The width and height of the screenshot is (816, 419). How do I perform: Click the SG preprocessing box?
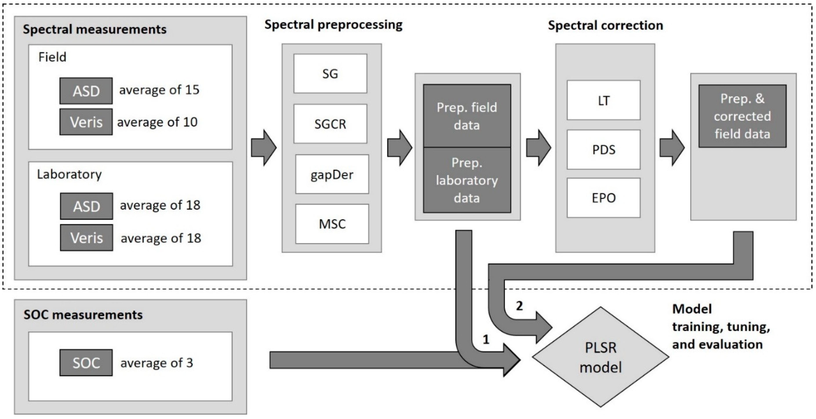(x=330, y=73)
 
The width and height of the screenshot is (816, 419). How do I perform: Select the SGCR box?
(x=330, y=124)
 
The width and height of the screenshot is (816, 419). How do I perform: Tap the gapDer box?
(x=332, y=174)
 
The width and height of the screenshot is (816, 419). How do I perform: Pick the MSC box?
(x=332, y=224)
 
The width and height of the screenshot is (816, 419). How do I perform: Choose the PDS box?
(x=603, y=149)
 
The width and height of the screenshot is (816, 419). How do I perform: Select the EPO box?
(x=603, y=198)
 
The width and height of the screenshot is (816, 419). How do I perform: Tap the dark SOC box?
(x=86, y=363)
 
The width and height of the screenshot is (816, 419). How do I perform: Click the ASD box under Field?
(x=86, y=91)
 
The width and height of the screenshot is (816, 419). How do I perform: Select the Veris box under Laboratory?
(x=86, y=238)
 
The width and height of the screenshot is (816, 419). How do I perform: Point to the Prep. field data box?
(x=467, y=116)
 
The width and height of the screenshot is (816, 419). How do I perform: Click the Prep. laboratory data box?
(x=467, y=180)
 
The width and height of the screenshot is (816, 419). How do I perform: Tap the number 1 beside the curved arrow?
(x=486, y=340)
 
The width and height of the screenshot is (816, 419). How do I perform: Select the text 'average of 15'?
(x=159, y=90)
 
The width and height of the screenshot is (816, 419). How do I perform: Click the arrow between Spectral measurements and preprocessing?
(x=264, y=148)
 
